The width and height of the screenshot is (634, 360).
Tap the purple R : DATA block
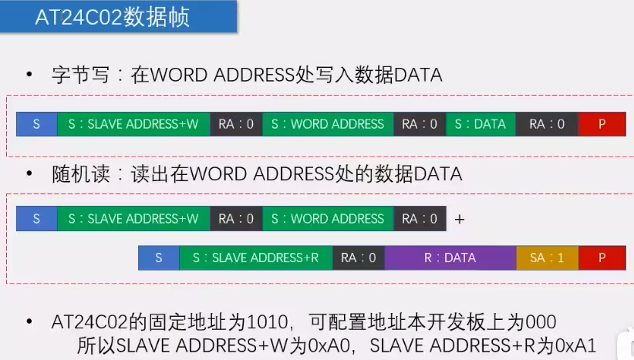[x=450, y=257]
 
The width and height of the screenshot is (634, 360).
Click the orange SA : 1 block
[x=547, y=257]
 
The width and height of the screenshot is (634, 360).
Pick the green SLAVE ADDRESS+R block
[x=256, y=257]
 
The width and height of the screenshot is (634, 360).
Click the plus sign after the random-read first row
[x=460, y=220]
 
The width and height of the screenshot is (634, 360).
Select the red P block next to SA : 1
[x=602, y=257]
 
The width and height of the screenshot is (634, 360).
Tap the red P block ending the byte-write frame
[x=602, y=124]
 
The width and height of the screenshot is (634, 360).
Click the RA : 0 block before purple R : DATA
[x=359, y=257]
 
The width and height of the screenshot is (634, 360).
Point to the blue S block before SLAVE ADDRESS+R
[x=158, y=257]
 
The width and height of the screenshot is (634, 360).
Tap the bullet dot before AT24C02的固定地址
[x=30, y=321]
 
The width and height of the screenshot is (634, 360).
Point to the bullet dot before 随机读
[x=30, y=175]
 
